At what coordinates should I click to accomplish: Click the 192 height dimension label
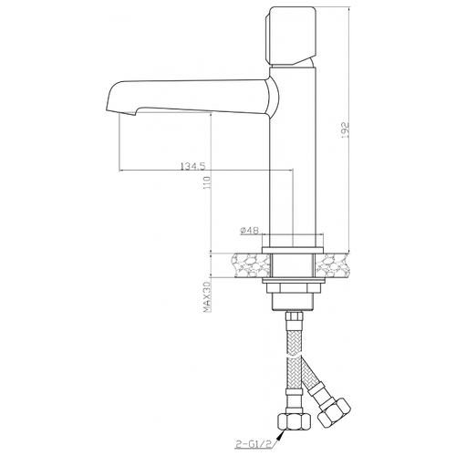[345, 130]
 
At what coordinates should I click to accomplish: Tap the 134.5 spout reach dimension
[193, 166]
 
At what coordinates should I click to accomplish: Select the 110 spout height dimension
[207, 182]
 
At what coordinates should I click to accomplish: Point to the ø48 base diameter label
[249, 231]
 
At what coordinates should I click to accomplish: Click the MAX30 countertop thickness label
[207, 297]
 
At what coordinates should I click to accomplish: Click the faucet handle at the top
[292, 36]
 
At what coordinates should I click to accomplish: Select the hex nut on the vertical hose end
[295, 421]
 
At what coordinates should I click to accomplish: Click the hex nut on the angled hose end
[335, 414]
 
